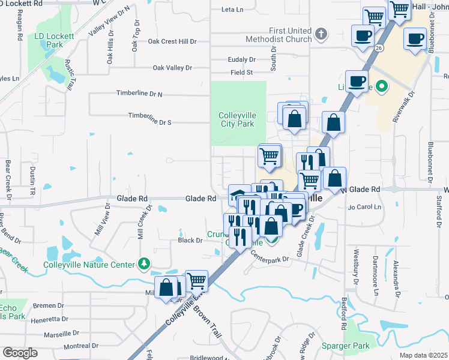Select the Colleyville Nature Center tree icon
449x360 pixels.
click(144, 263)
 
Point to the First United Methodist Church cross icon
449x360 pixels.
click(321, 34)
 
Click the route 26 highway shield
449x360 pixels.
click(378, 47)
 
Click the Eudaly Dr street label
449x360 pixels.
click(242, 59)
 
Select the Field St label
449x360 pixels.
click(242, 73)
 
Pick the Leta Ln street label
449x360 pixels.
click(232, 10)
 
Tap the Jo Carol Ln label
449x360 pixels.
click(365, 207)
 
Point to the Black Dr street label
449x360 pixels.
click(190, 240)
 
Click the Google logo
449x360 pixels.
click(20, 352)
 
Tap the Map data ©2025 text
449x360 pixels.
click(423, 355)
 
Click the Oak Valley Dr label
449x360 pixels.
click(172, 68)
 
